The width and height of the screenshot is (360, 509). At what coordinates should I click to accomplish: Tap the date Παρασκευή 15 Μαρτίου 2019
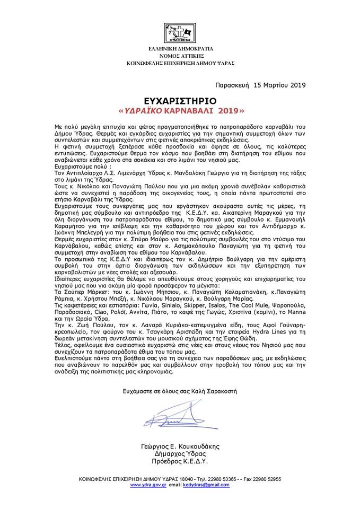pyautogui.click(x=261, y=84)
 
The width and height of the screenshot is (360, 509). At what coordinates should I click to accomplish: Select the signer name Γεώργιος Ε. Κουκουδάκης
pyautogui.click(x=180, y=446)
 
